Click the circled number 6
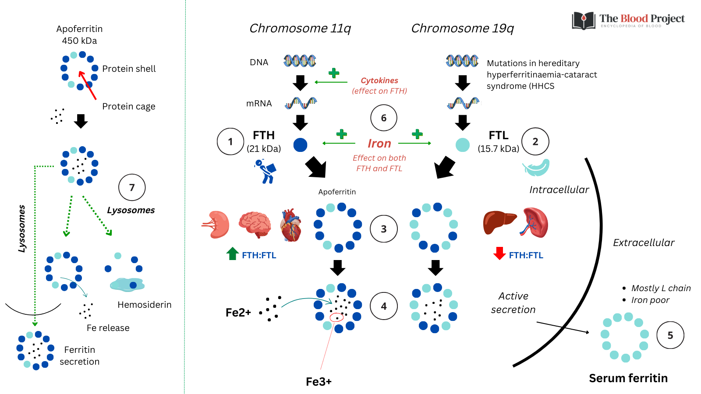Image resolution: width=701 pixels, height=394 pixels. coord(384,118)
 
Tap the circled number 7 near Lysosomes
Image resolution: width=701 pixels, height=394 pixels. coord(132,187)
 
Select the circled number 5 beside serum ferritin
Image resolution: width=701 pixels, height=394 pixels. coord(670,335)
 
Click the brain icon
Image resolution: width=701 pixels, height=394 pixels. coord(255,224)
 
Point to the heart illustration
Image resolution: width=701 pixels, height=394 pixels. coord(291,225)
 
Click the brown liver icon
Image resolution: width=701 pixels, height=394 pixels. coord(499,222)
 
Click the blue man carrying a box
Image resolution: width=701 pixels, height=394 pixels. coord(266,171)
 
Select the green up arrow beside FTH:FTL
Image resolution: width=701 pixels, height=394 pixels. coord(233,253)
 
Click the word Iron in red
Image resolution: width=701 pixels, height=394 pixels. coord(379,144)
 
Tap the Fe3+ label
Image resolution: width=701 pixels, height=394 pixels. coord(319,382)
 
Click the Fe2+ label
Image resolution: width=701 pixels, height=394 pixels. coord(238,313)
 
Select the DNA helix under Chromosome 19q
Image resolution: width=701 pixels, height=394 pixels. coord(462,61)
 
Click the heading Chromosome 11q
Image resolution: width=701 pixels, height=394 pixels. coord(300,28)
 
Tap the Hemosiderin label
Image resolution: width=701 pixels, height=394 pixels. coord(144,305)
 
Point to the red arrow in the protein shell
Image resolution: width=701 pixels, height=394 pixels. coord(87,85)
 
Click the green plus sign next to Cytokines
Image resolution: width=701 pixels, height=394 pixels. coord(334,73)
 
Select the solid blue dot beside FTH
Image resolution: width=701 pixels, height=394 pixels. coord(300,144)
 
